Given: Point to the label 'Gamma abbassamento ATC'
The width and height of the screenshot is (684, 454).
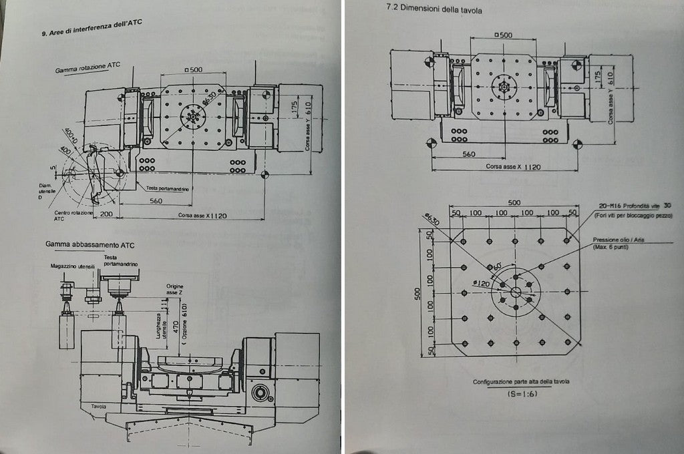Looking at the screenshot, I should (82, 244).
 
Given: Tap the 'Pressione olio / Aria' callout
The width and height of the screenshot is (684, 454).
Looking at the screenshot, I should (618, 240).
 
